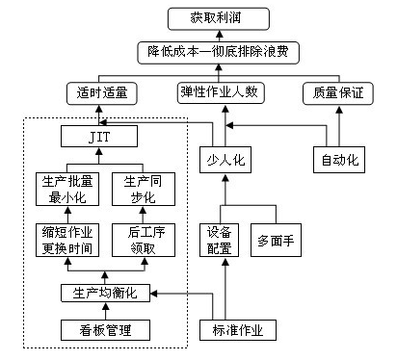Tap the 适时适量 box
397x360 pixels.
click(x=103, y=93)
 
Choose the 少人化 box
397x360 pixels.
click(x=227, y=160)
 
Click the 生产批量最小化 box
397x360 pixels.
click(x=65, y=190)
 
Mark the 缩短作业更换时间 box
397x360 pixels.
click(x=65, y=241)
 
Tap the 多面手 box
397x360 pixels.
click(x=277, y=240)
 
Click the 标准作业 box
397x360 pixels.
click(x=237, y=331)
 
